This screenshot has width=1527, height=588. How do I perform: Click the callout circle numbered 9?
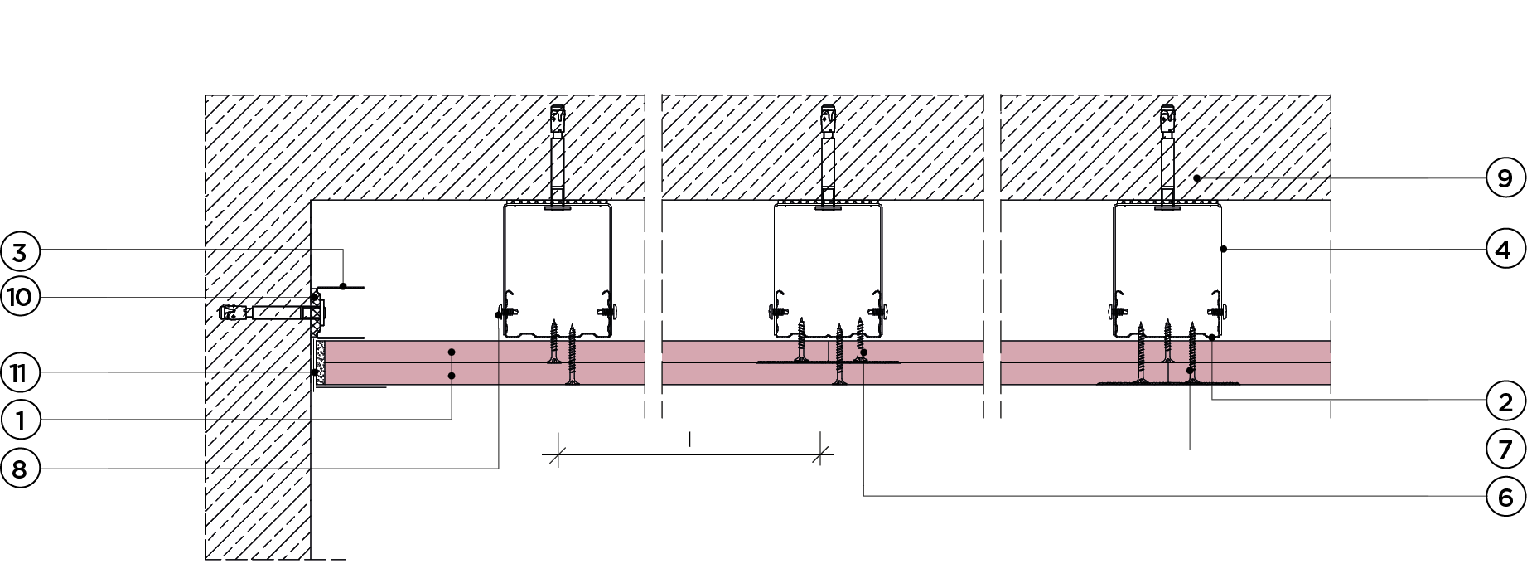pos(1505,178)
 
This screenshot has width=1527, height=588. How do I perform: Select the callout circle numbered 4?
pos(1505,249)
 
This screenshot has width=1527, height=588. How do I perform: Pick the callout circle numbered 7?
pos(1505,449)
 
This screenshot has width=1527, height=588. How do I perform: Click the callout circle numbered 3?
pos(20,251)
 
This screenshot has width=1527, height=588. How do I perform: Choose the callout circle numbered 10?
pos(20,296)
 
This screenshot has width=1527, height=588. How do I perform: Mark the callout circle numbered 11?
pos(20,373)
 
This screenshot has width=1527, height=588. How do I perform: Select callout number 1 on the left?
pos(20,420)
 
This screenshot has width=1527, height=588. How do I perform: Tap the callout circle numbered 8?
pos(20,469)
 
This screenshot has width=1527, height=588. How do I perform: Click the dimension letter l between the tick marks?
pos(689,440)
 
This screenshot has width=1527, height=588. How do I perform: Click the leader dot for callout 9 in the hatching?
pos(1196,178)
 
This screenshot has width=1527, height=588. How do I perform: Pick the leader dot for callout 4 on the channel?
pos(1223,249)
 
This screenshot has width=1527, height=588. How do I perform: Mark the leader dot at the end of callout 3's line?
pos(343,286)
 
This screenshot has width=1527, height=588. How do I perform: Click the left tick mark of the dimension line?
pos(558,454)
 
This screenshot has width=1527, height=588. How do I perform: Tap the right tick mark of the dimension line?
pos(822,454)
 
